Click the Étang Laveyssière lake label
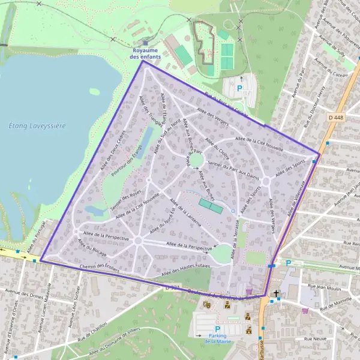coord(37,125)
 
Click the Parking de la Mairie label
coord(217,338)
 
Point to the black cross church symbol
coord(276,294)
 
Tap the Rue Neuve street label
coord(316,339)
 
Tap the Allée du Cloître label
coord(216,148)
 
